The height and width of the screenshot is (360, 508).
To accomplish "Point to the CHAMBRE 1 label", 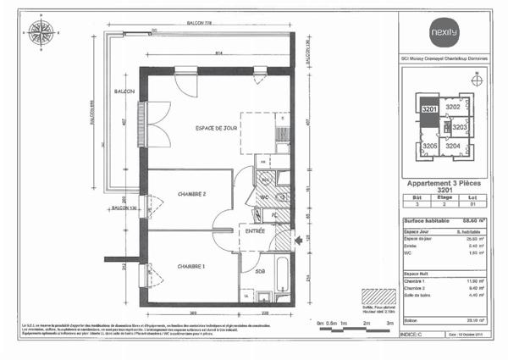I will [192, 266].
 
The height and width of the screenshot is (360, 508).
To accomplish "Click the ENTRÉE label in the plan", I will [255, 230].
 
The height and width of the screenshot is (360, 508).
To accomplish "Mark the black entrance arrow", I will [298, 240].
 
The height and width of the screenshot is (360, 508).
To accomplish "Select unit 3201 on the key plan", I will [429, 108].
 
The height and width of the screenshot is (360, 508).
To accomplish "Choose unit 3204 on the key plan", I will [453, 147].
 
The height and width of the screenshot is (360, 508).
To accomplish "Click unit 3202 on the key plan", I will [453, 108].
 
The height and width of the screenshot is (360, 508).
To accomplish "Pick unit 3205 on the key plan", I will [430, 147].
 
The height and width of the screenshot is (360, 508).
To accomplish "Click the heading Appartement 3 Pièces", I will [445, 183].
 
